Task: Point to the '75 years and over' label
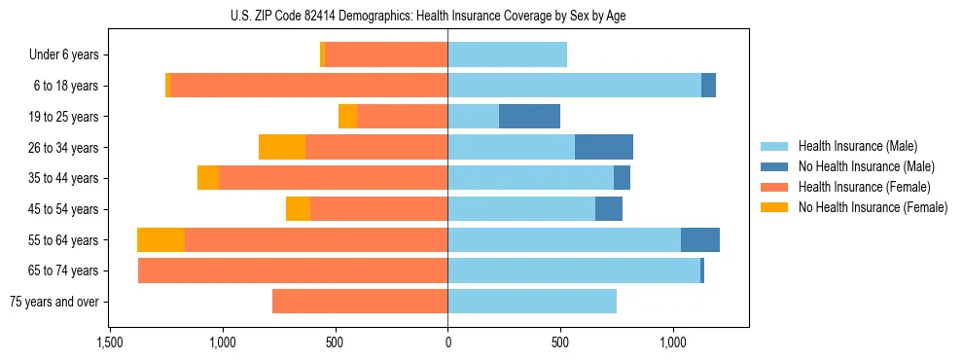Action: coord(53,302)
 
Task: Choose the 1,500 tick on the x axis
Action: coord(109,342)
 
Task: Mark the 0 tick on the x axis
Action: coord(447,342)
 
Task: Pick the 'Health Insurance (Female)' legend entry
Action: coord(864,187)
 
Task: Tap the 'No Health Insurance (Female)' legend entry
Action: coord(873,207)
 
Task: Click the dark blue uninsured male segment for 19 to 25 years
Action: coord(529,117)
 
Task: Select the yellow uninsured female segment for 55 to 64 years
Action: coord(160,240)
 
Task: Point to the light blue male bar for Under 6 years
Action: coord(507,55)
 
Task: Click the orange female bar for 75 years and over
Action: coord(360,302)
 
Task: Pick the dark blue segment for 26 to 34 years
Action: coord(604,147)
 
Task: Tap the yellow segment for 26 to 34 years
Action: coord(282,147)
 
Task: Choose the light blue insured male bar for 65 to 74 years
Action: coord(574,270)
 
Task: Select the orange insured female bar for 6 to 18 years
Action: coord(308,86)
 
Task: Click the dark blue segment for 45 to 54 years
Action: coord(609,209)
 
